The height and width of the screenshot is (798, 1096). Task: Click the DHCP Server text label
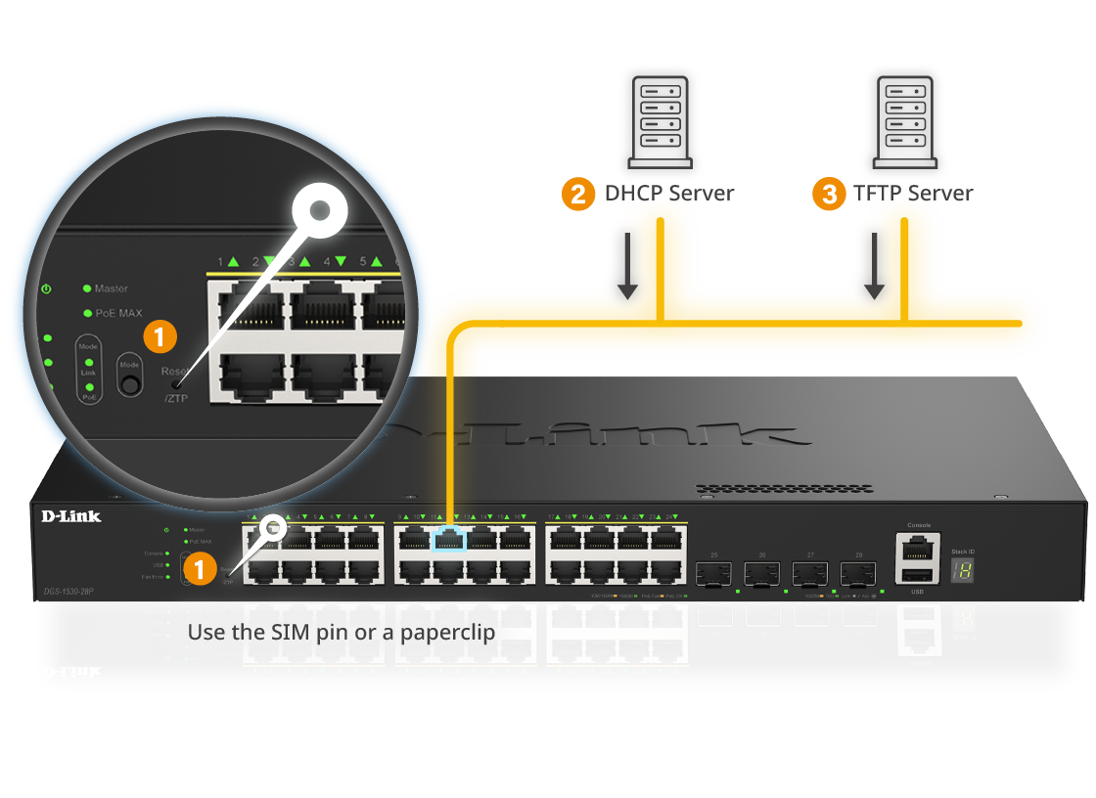coord(669,193)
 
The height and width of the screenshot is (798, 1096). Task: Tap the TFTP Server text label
coord(913,193)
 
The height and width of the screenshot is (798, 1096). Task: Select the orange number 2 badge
coord(578,194)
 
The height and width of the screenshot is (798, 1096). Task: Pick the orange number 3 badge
coord(829,194)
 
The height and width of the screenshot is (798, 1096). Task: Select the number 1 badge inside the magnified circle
coord(160,337)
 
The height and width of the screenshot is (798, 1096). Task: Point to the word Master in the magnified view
coord(112,288)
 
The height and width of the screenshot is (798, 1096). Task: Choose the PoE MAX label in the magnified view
coord(118,313)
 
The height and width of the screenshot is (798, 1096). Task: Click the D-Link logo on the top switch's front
coord(70,515)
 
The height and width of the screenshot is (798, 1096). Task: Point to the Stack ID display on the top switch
coord(963,571)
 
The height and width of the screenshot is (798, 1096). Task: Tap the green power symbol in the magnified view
coord(46,289)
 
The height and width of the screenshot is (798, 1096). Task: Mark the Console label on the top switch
coord(919,525)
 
